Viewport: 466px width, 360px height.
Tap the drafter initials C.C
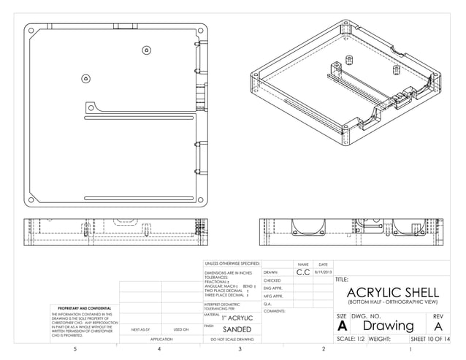click(302, 272)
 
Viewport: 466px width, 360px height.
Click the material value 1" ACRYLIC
click(237, 318)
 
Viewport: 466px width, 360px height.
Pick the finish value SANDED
click(237, 329)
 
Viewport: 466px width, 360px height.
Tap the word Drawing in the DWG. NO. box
click(389, 326)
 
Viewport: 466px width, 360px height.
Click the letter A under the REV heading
click(438, 326)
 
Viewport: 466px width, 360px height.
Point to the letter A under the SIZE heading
click(342, 327)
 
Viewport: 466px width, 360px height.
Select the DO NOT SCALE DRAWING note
click(232, 340)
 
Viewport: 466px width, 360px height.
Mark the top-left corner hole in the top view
click(30, 31)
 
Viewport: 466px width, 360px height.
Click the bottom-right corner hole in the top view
click(201, 195)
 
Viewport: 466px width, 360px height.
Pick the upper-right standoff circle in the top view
click(146, 51)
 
